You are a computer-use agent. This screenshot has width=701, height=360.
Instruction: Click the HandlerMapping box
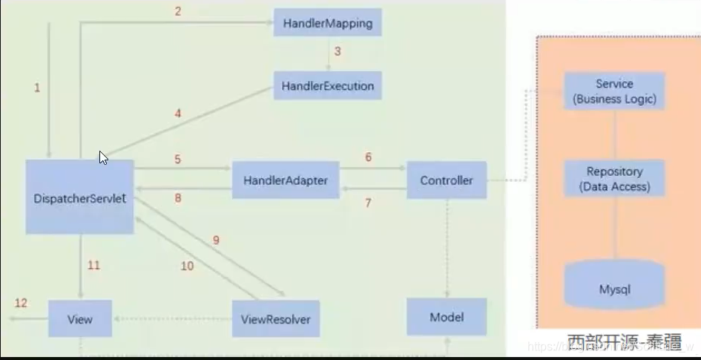[x=327, y=23]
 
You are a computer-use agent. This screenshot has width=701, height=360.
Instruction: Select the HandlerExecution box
[x=327, y=86]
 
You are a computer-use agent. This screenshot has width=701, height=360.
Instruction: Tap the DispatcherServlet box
[x=80, y=197]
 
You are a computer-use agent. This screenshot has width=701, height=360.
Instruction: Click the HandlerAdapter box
[x=286, y=180]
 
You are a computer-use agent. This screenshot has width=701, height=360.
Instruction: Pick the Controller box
[x=447, y=180]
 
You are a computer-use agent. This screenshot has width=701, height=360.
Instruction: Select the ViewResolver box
[x=275, y=320]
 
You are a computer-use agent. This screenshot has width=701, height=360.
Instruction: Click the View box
[x=80, y=319]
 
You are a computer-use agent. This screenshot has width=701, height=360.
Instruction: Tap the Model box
[x=447, y=318]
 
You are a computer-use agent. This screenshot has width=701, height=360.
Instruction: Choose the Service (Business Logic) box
[x=615, y=91]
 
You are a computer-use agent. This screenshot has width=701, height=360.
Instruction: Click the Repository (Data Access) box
[x=615, y=179]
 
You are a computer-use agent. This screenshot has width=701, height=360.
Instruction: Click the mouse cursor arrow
[x=103, y=157]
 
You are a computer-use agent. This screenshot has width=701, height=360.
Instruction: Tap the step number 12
[x=21, y=303]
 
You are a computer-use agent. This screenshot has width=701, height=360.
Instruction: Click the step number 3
[x=337, y=52]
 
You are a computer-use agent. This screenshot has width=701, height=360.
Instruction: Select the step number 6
[x=367, y=157]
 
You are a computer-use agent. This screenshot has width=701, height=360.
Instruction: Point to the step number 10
[x=187, y=265]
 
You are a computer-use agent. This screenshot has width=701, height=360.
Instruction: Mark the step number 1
[x=37, y=88]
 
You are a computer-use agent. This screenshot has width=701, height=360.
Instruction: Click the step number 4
[x=178, y=114]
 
